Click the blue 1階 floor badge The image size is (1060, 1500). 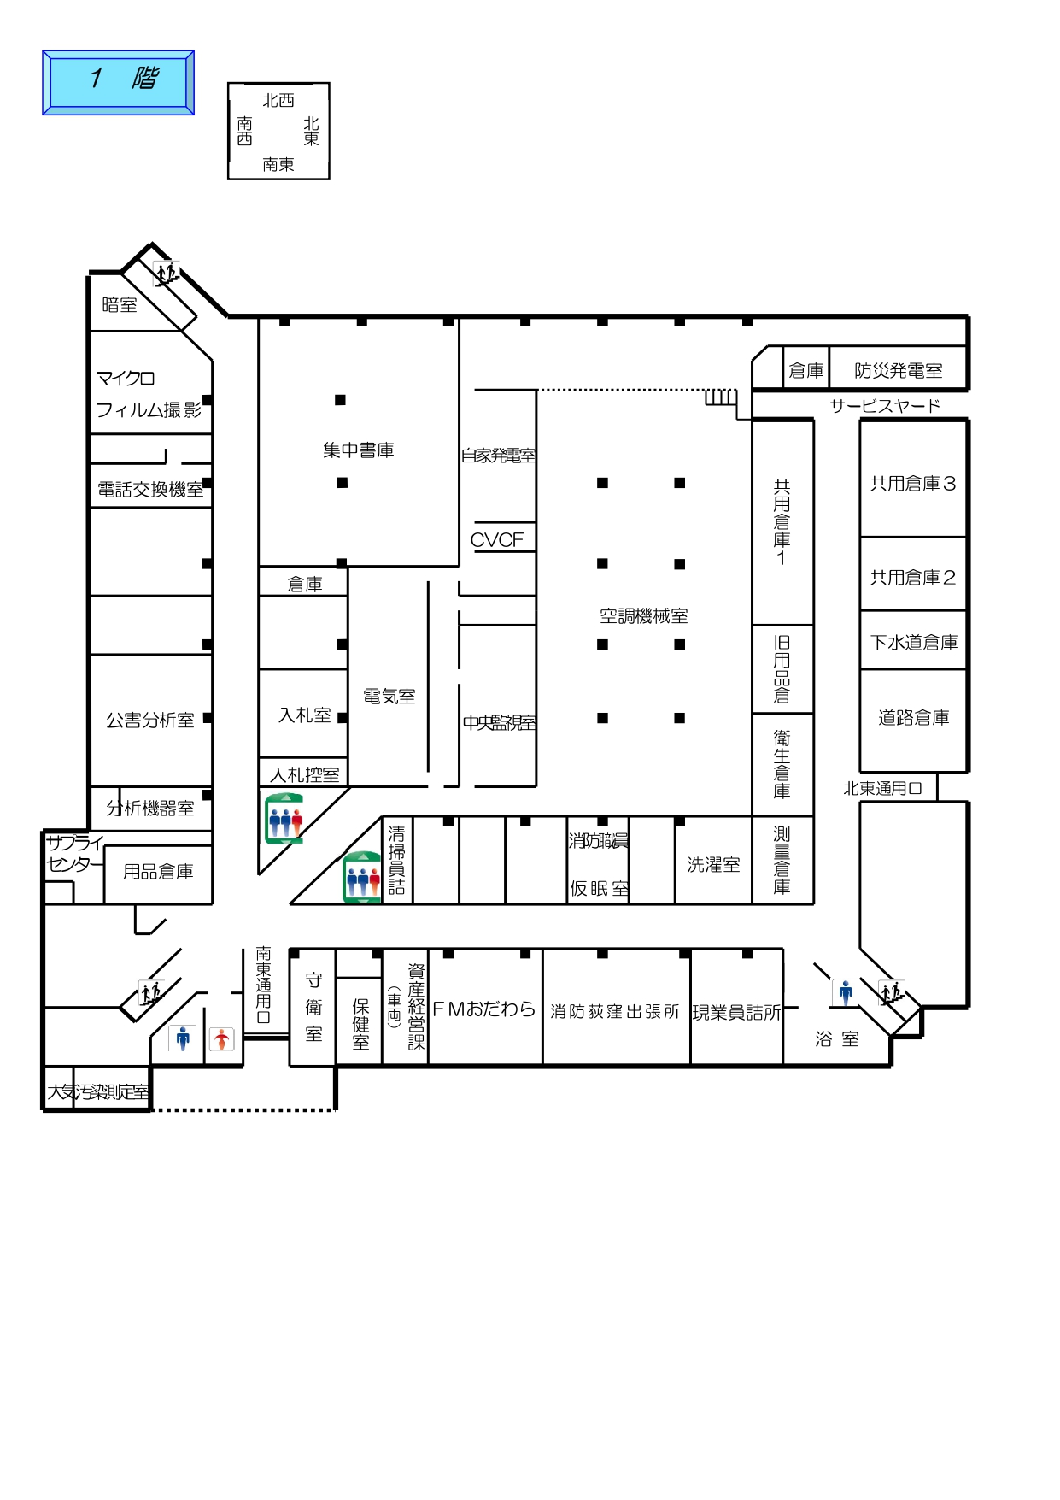pos(119,82)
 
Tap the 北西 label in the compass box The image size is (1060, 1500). pos(278,101)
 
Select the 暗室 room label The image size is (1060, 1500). pos(120,305)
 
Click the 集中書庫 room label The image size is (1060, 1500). pos(359,450)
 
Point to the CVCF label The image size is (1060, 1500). pos(497,540)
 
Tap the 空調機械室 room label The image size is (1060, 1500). pos(643,616)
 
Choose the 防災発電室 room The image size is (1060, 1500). pos(899,371)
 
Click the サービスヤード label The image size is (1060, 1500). pos(885,406)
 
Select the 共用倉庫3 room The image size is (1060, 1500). pos(913,484)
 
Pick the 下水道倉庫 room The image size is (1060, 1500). pos(914,642)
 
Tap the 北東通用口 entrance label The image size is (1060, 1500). pos(882,789)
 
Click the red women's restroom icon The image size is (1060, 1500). pos(222,1039)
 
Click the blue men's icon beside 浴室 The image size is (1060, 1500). pos(846,992)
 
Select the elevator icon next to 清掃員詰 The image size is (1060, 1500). pos(362,878)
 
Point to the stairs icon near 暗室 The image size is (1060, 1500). pos(167,274)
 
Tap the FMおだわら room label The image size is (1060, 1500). pos(484,1009)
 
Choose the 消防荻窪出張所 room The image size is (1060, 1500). pos(615,1012)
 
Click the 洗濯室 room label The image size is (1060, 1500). pos(713,865)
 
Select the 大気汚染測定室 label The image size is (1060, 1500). pos(98,1092)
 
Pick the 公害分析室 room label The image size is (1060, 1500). pos(150,721)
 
